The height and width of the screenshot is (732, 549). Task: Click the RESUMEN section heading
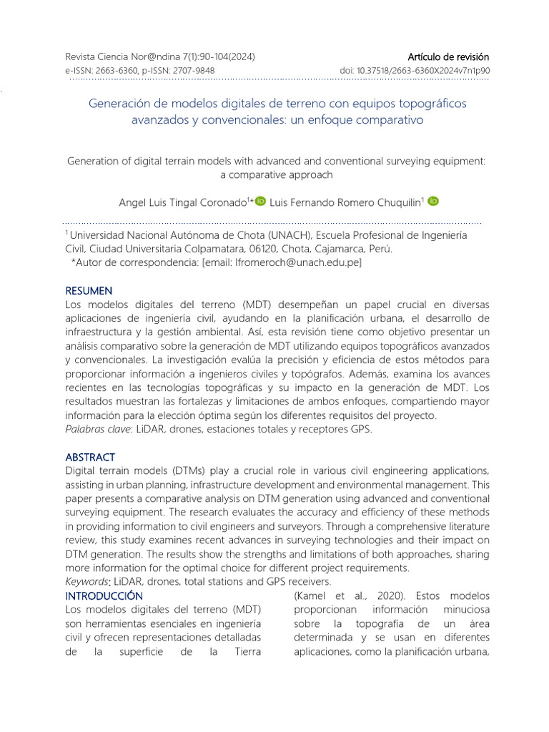click(x=89, y=291)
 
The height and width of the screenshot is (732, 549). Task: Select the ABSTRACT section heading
click(x=89, y=457)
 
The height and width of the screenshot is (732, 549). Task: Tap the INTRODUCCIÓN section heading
click(x=104, y=595)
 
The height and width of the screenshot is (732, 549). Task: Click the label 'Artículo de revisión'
click(x=448, y=56)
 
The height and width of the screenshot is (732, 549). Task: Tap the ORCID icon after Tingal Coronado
click(x=259, y=202)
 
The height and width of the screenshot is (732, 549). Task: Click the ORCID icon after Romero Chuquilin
click(x=433, y=202)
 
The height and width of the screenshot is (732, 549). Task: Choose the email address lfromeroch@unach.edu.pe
click(x=296, y=263)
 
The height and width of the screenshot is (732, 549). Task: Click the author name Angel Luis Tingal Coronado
click(x=182, y=202)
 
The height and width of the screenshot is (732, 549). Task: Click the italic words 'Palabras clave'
click(x=97, y=430)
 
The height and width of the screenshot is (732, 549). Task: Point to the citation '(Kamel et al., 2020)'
click(x=339, y=595)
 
